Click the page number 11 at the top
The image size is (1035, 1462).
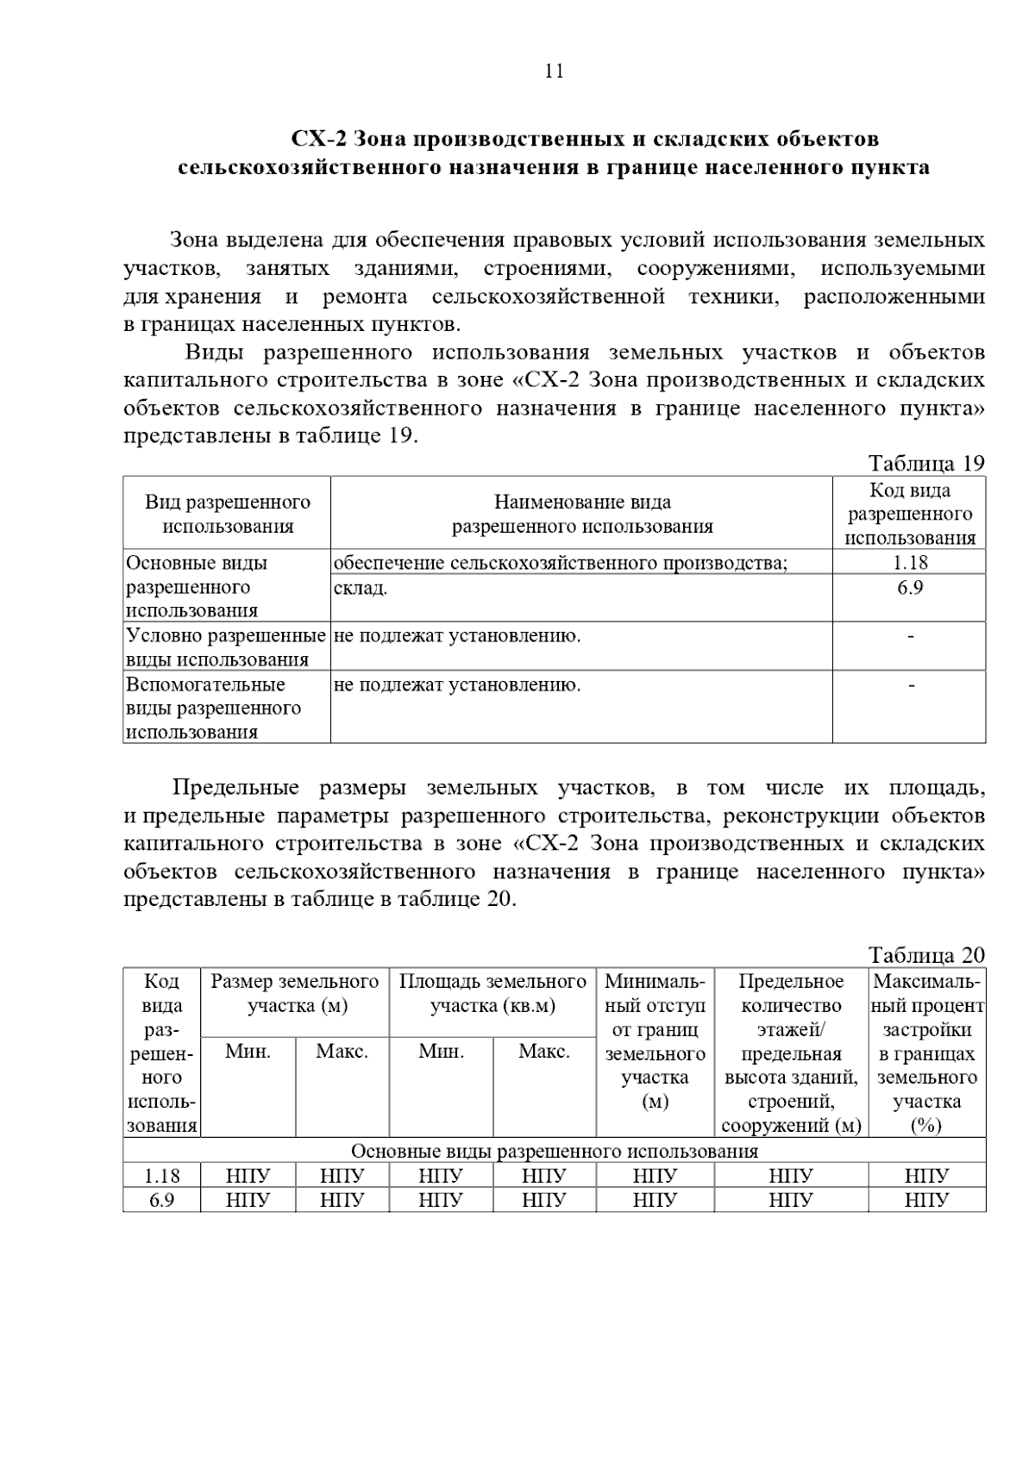click(555, 72)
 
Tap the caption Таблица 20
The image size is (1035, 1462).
click(925, 955)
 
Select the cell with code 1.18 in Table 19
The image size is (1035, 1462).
click(910, 563)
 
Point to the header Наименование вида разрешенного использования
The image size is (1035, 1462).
click(582, 514)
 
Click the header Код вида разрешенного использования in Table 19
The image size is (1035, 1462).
click(910, 514)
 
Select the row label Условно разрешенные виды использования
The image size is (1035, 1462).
click(226, 647)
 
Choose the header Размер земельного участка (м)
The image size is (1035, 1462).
click(295, 993)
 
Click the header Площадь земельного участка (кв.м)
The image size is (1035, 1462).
click(492, 993)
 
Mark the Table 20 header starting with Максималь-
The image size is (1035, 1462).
click(927, 1053)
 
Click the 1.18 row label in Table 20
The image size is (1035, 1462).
click(162, 1176)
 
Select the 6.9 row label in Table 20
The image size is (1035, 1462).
click(162, 1200)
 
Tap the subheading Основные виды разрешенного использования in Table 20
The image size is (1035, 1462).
click(555, 1152)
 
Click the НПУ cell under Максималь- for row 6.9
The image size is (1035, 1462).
click(927, 1200)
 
